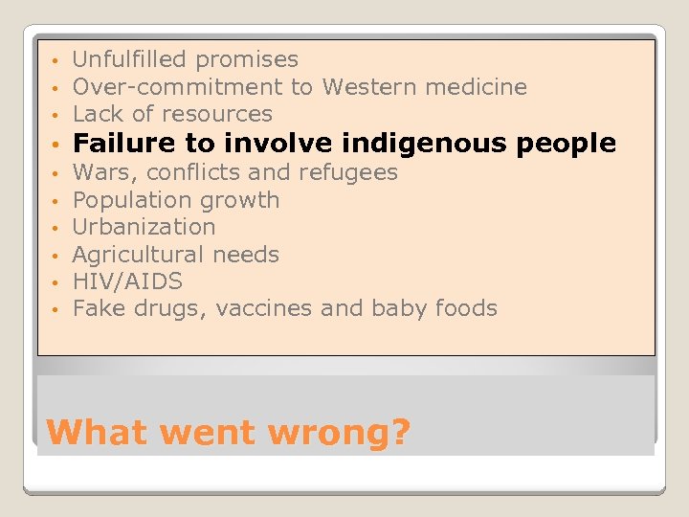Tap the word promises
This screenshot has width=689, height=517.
tap(247, 60)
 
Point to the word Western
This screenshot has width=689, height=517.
tap(366, 87)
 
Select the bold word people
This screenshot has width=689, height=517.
tap(567, 145)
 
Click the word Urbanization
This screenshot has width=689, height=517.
tap(144, 227)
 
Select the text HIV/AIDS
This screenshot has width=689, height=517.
tap(127, 281)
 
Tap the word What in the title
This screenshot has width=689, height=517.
tap(95, 432)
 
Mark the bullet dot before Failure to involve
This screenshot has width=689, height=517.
tap(58, 146)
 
